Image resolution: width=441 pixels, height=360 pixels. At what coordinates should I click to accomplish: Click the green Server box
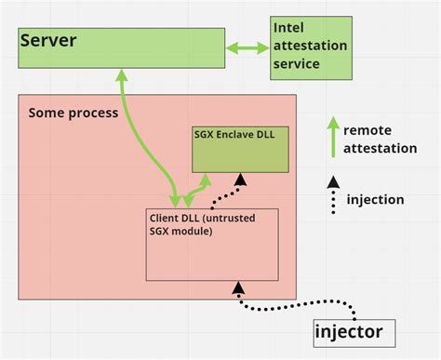pos(121,47)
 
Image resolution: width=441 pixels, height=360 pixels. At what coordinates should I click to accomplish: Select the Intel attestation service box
pos(312,47)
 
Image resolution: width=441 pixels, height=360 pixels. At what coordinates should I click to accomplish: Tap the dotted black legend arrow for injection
pos(332,195)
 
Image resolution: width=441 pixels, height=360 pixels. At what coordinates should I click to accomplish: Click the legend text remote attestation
pos(380,140)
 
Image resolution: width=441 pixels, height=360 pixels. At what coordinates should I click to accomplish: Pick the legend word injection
pos(375,199)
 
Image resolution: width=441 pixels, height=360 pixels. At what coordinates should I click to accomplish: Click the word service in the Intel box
pos(297,64)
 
